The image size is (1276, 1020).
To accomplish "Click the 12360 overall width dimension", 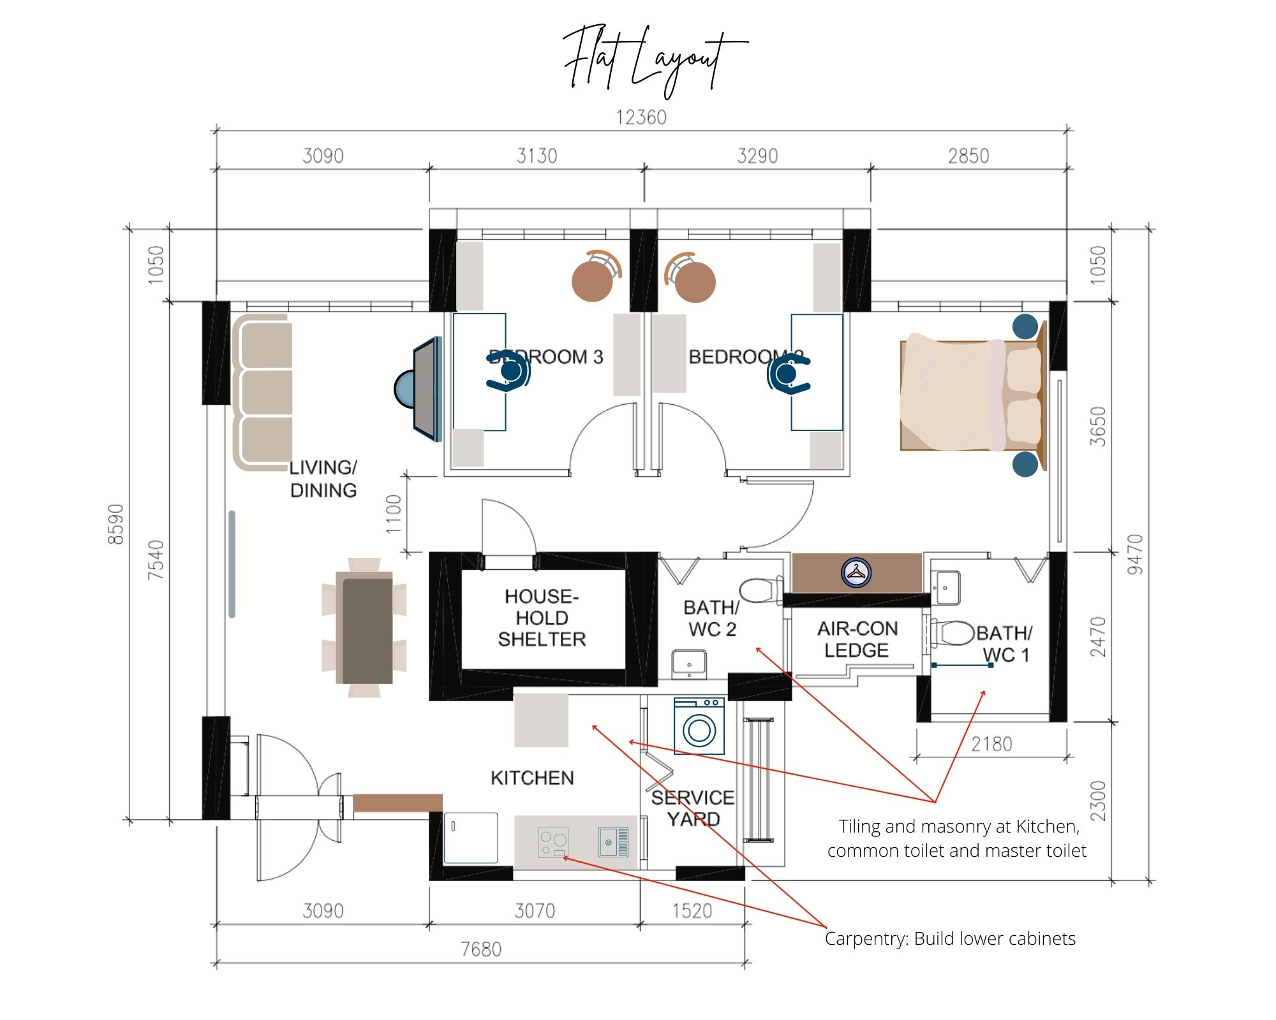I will point(641,117).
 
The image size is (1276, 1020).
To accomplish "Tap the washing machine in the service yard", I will point(699,727).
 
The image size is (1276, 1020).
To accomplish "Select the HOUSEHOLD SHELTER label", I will point(542,618).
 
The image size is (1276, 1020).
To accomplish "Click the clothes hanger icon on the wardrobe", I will point(856,572).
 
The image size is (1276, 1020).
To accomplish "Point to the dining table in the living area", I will point(367,629).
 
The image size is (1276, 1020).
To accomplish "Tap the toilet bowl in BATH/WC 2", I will point(759,590).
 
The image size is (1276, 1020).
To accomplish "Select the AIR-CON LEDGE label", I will point(857,639).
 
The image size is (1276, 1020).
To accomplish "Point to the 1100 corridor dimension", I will point(394,514).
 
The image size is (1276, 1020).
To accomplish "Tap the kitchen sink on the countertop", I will point(613,841).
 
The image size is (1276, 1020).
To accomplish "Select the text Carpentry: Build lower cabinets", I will point(950,938).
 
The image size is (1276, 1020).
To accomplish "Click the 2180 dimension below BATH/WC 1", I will point(991,744).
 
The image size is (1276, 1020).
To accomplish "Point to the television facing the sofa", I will point(426,389).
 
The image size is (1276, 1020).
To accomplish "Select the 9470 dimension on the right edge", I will point(1134,553).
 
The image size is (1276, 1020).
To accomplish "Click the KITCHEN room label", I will point(532,778).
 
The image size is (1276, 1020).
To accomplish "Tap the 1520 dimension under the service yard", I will point(692,910).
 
